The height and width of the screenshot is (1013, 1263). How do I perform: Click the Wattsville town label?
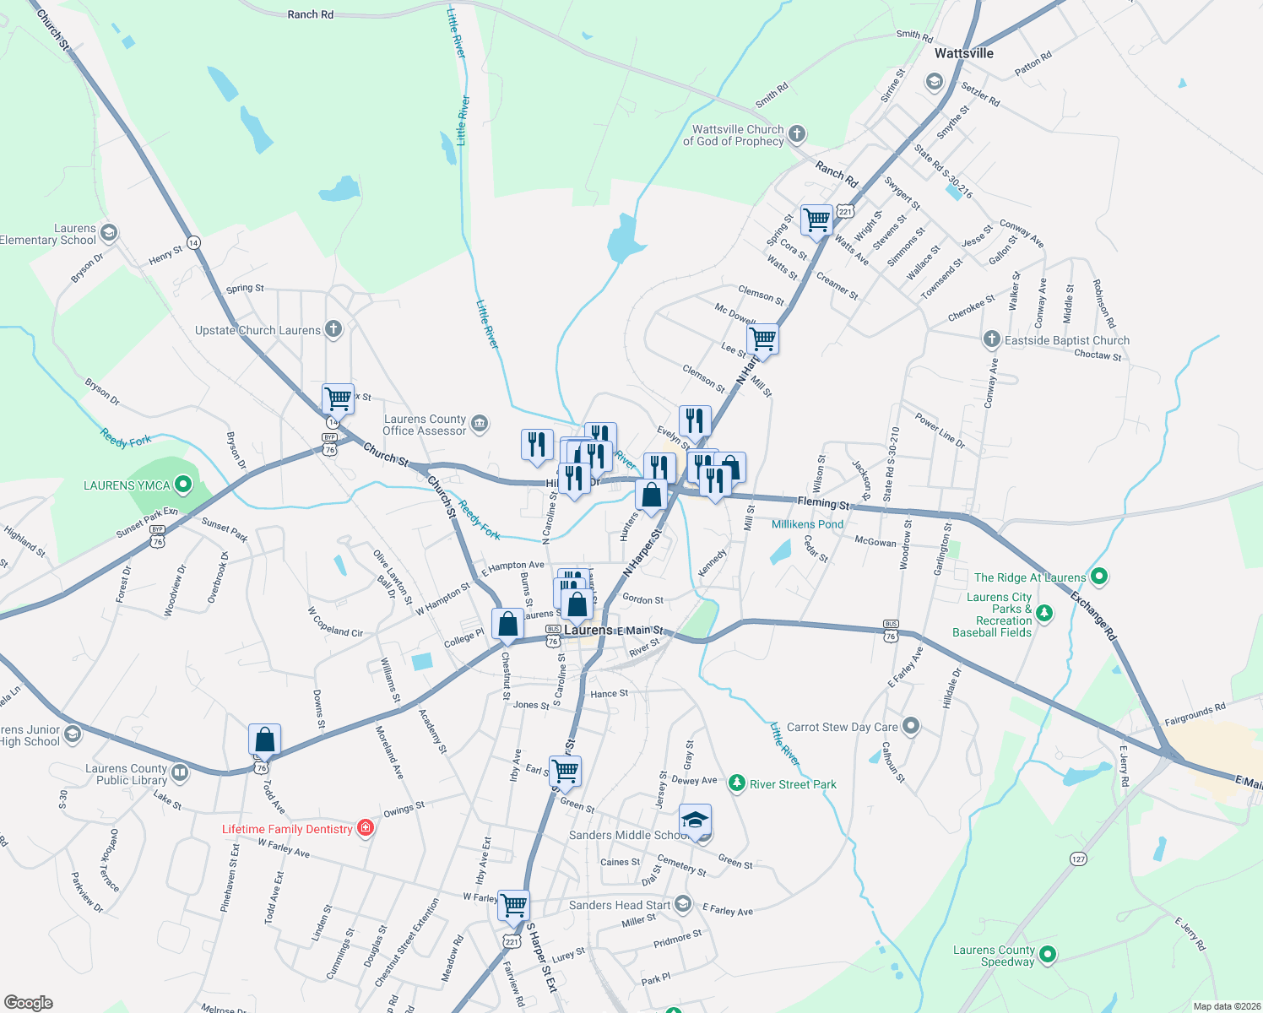pyautogui.click(x=963, y=53)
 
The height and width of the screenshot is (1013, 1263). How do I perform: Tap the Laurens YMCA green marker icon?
pyautogui.click(x=183, y=485)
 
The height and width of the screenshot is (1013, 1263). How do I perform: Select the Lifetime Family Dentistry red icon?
pyautogui.click(x=366, y=828)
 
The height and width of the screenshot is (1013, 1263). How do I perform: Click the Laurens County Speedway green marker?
pyautogui.click(x=1048, y=955)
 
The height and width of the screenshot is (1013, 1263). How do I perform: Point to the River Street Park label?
pyautogui.click(x=793, y=784)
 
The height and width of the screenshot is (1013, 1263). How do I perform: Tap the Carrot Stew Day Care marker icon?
pyautogui.click(x=910, y=726)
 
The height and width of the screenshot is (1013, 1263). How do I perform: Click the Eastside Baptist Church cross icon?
pyautogui.click(x=992, y=339)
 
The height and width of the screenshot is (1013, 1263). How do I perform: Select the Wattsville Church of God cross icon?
pyautogui.click(x=796, y=134)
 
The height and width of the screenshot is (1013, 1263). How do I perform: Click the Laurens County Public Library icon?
pyautogui.click(x=179, y=772)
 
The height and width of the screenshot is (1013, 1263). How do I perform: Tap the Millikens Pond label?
pyautogui.click(x=807, y=524)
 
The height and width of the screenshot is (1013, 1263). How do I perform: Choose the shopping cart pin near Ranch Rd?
pyautogui.click(x=816, y=219)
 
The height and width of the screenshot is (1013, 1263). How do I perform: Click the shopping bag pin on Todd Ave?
pyautogui.click(x=264, y=739)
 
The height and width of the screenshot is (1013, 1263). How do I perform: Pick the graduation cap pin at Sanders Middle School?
pyautogui.click(x=695, y=820)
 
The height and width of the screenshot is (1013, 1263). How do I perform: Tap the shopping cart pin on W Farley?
pyautogui.click(x=513, y=905)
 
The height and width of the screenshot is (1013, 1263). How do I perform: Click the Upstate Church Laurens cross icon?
pyautogui.click(x=333, y=329)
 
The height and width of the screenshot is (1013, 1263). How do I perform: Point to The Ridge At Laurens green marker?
pyautogui.click(x=1098, y=577)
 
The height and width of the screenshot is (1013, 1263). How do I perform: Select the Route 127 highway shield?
pyautogui.click(x=1078, y=859)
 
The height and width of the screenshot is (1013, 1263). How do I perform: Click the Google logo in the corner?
pyautogui.click(x=29, y=1002)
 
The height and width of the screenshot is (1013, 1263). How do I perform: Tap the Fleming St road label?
pyautogui.click(x=823, y=504)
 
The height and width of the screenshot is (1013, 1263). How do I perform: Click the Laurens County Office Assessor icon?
pyautogui.click(x=480, y=423)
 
